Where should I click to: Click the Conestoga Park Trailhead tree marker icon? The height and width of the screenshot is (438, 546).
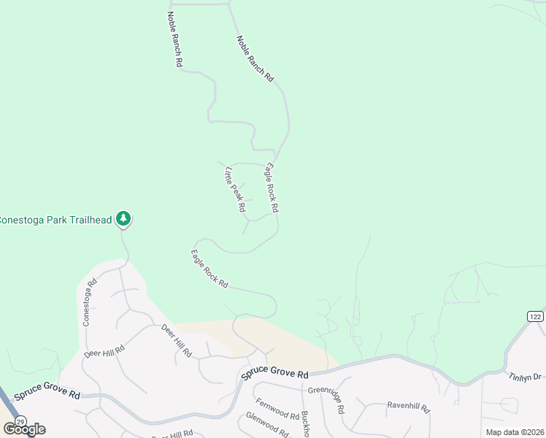coord(124,218)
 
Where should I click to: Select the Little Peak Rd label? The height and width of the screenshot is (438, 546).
coord(235,189)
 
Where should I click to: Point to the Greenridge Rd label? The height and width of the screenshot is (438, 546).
coord(325,391)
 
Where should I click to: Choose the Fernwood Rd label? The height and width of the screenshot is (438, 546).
coord(277,409)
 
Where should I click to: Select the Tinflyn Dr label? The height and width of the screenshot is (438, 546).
coord(525,377)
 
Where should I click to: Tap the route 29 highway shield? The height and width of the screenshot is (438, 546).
coord(20,421)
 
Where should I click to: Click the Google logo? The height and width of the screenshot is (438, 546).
coord(24,429)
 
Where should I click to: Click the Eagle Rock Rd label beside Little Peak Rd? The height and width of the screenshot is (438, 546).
coord(272,188)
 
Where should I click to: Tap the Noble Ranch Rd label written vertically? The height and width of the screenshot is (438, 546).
coord(174,39)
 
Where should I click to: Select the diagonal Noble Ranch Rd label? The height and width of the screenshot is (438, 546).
coord(255,58)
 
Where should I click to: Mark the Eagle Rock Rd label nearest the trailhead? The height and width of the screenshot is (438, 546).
coord(209,269)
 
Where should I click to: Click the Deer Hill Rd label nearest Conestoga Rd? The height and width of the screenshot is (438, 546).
coord(104,350)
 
